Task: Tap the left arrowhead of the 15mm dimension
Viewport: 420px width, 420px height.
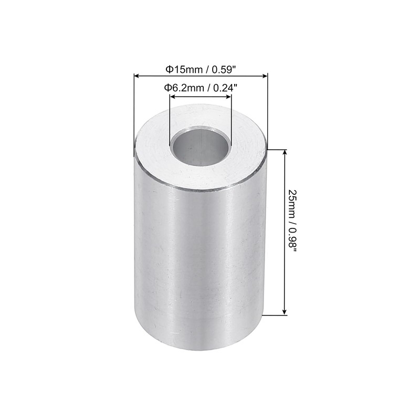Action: (x=138, y=77)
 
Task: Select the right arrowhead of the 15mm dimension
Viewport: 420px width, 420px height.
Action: (x=265, y=77)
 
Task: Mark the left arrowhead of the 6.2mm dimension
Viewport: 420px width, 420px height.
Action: (x=172, y=96)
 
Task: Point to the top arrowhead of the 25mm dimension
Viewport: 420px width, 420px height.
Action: (x=285, y=153)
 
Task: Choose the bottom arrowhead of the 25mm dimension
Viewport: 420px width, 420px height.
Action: (x=285, y=312)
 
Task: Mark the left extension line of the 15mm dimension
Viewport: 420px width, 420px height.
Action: (x=135, y=115)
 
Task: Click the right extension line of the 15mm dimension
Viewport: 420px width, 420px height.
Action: (x=268, y=115)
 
